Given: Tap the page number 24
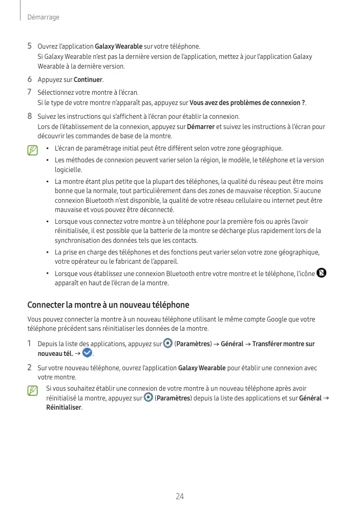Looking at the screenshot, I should (180, 496).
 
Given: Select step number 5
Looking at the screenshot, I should (30, 47).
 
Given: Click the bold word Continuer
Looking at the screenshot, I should (88, 80).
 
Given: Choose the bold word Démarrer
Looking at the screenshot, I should (201, 126).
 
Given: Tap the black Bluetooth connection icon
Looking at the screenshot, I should (322, 272).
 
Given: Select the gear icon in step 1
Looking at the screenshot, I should (167, 343).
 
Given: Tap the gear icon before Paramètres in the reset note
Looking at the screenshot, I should (149, 398).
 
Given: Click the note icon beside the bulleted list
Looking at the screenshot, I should (33, 150).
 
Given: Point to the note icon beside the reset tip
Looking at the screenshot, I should (33, 391).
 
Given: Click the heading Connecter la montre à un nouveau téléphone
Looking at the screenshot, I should (108, 305).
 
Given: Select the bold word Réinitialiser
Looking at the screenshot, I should (64, 408).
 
